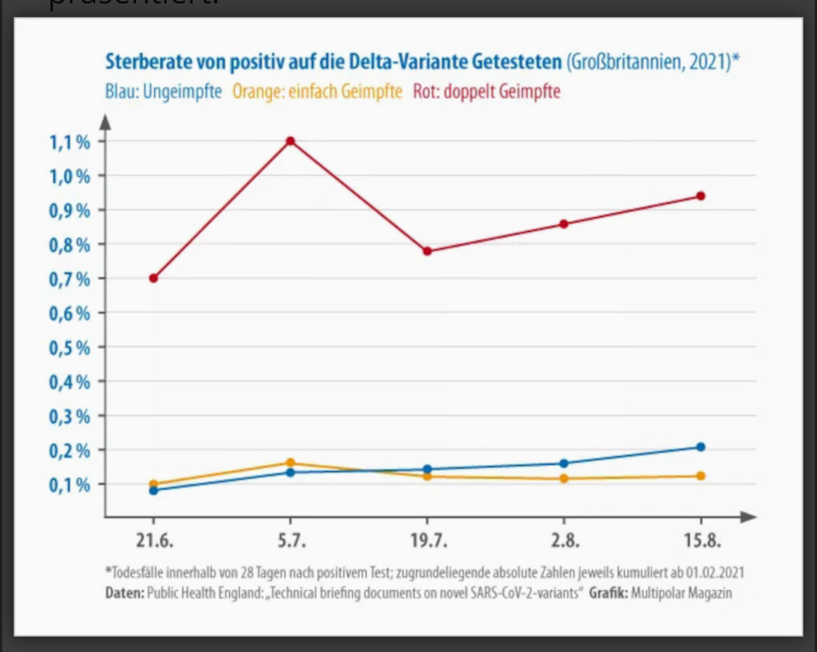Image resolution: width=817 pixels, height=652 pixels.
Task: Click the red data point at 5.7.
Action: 290,141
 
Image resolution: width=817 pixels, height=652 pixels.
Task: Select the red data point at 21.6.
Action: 153,278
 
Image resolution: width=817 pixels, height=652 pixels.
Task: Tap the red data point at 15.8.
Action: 701,196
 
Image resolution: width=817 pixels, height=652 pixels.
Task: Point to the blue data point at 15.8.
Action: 701,447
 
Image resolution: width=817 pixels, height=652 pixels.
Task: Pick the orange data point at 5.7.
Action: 290,462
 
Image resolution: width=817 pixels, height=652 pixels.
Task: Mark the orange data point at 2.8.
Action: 564,478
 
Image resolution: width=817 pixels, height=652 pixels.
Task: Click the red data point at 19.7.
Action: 427,251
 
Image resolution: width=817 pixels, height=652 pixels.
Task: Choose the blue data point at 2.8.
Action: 564,463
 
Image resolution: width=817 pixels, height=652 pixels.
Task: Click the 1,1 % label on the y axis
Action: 69,142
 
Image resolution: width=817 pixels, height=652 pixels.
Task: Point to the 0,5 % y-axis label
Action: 69,347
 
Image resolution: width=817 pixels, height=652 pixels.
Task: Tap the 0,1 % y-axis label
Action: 69,485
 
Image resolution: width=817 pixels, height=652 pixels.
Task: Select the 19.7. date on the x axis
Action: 428,540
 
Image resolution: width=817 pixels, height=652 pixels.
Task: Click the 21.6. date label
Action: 154,540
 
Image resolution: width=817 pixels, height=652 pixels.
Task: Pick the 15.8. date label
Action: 702,540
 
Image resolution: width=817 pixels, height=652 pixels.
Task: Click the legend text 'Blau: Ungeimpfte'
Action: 163,91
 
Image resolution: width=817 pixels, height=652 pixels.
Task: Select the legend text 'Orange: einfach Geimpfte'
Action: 317,91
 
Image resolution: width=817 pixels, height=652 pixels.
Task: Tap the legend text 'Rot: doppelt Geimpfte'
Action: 486,91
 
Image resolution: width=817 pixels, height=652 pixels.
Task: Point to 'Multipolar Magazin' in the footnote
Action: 681,593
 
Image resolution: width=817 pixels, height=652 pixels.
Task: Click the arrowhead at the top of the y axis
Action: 106,121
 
